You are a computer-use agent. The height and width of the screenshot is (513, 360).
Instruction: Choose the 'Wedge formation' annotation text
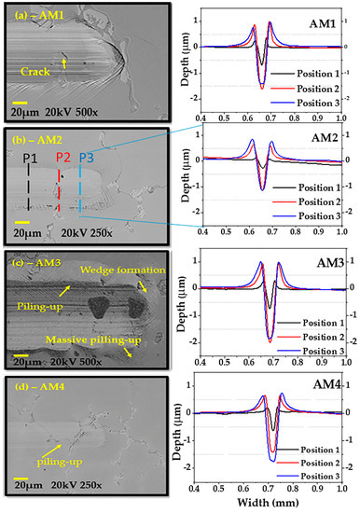(x=112, y=270)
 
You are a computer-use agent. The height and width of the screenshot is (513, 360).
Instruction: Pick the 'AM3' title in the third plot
(x=321, y=269)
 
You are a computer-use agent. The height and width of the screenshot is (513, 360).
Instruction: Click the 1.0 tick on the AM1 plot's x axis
(x=346, y=119)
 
